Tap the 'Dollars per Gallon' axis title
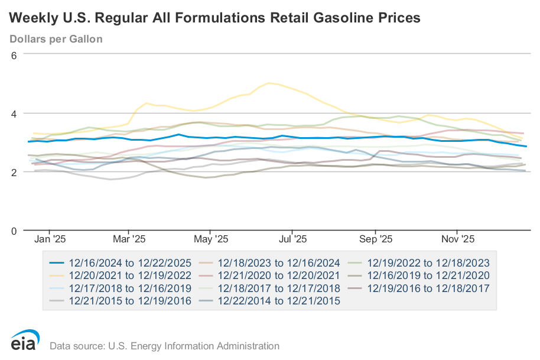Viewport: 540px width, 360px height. click(x=56, y=39)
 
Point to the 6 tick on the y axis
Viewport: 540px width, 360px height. click(x=14, y=54)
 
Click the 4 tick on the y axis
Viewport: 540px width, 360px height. click(x=14, y=113)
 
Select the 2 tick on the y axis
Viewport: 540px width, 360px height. click(x=14, y=172)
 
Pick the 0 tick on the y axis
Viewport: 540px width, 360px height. click(x=14, y=231)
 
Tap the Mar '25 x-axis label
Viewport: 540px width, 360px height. click(x=129, y=239)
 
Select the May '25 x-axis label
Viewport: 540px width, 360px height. click(x=211, y=239)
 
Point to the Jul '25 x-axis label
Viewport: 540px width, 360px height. click(x=292, y=239)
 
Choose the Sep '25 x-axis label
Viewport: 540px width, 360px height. click(x=376, y=239)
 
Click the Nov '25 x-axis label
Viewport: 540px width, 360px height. click(x=458, y=239)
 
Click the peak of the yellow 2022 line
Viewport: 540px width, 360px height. click(x=270, y=83)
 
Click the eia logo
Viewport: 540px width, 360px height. click(x=25, y=341)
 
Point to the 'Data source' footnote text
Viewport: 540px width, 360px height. click(x=164, y=346)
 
